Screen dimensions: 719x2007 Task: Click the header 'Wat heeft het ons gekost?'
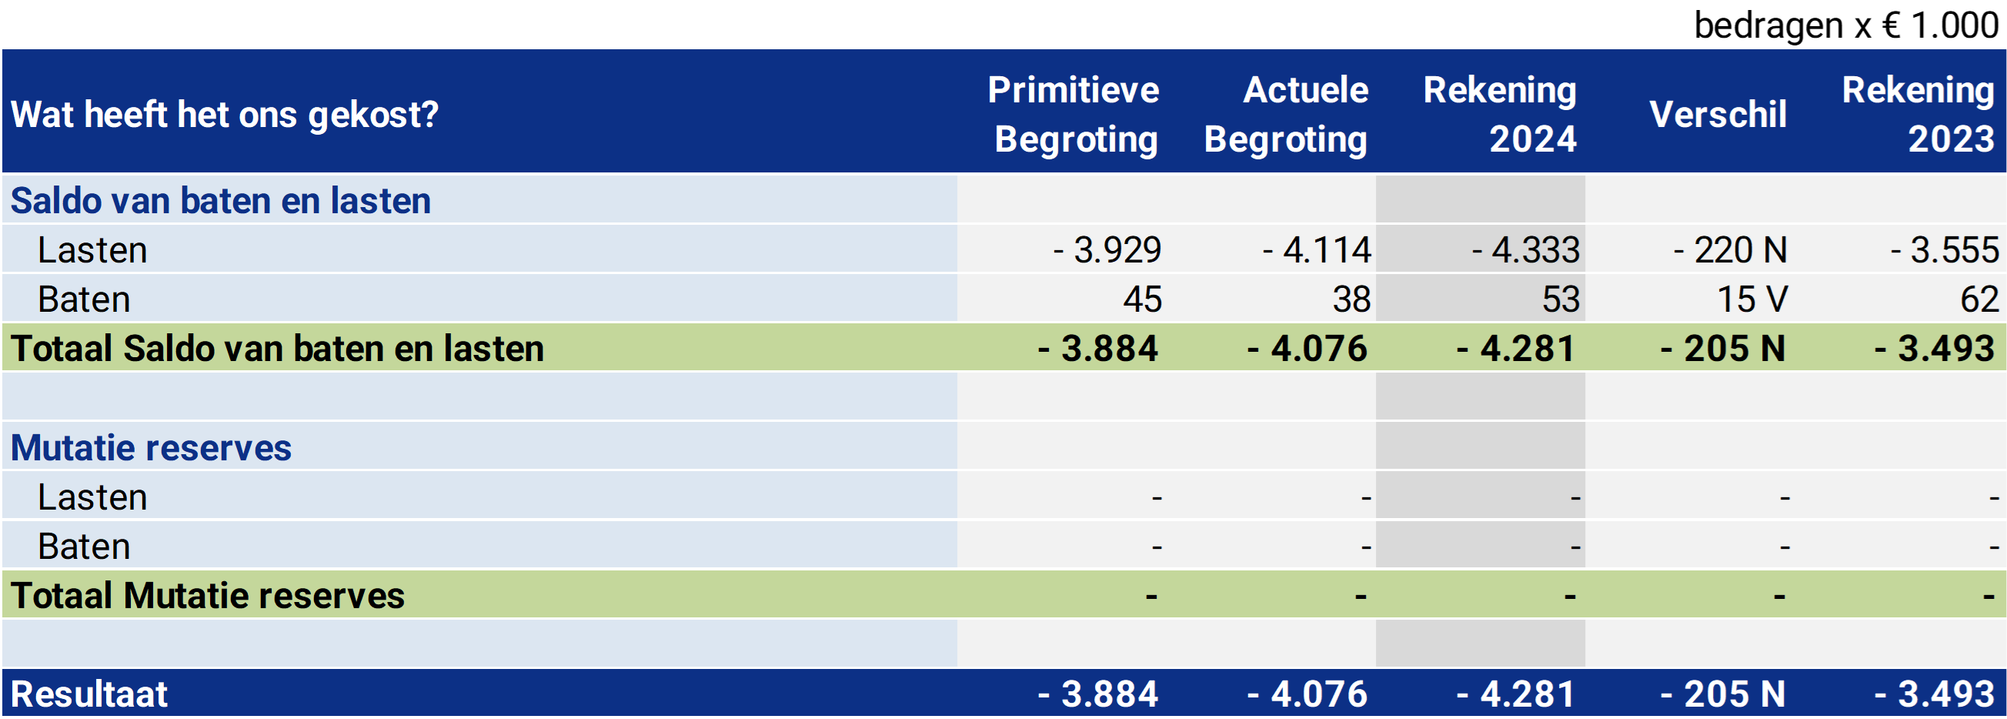(x=225, y=115)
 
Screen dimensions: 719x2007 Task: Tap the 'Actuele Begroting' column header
(x=1287, y=115)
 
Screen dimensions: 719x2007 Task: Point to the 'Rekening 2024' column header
(x=1500, y=115)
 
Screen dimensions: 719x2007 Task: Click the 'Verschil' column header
(x=1718, y=115)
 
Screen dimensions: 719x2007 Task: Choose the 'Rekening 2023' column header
(x=1918, y=115)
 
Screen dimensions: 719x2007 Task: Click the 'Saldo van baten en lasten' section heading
(x=221, y=201)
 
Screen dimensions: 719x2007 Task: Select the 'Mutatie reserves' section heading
(x=151, y=448)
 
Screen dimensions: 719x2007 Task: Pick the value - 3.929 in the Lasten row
(x=1107, y=250)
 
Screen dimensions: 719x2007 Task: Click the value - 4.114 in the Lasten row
(x=1317, y=250)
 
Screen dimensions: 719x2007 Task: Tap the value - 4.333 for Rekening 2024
(x=1525, y=250)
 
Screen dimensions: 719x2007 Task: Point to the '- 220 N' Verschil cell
(x=1731, y=250)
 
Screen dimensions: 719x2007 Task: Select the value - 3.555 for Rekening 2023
(x=1945, y=250)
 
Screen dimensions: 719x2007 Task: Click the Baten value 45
(x=1142, y=300)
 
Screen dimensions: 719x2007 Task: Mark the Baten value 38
(x=1352, y=300)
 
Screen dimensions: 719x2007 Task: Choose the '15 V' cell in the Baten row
(x=1752, y=300)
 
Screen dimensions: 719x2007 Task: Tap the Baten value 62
(x=1980, y=300)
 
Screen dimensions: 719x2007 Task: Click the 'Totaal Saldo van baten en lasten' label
(x=277, y=348)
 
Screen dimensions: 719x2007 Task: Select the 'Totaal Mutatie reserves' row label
(x=207, y=596)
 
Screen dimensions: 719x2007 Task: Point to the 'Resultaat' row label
(x=88, y=694)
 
